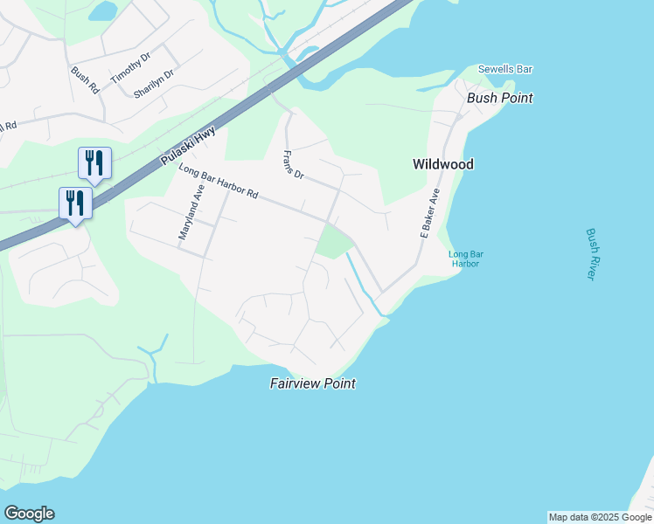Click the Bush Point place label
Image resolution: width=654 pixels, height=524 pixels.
[499, 98]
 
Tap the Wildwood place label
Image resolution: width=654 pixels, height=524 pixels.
[443, 164]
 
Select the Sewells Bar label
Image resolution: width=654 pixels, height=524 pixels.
[504, 69]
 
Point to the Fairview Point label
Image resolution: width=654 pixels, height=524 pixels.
[312, 383]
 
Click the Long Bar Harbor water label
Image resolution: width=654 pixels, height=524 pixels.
[466, 259]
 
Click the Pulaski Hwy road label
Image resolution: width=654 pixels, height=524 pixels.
[189, 146]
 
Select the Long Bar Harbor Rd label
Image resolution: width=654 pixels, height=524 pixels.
[219, 182]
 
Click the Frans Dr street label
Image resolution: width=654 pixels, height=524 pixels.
[292, 165]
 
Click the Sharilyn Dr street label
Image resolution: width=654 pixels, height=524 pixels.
[154, 83]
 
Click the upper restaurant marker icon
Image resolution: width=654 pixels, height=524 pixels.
[94, 162]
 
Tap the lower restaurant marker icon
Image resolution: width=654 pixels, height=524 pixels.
[75, 203]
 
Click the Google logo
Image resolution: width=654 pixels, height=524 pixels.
[29, 514]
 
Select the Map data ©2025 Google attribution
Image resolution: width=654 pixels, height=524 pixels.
[600, 517]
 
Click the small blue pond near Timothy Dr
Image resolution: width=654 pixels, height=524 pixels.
[102, 10]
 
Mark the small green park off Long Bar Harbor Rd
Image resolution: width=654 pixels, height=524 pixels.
[331, 240]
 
